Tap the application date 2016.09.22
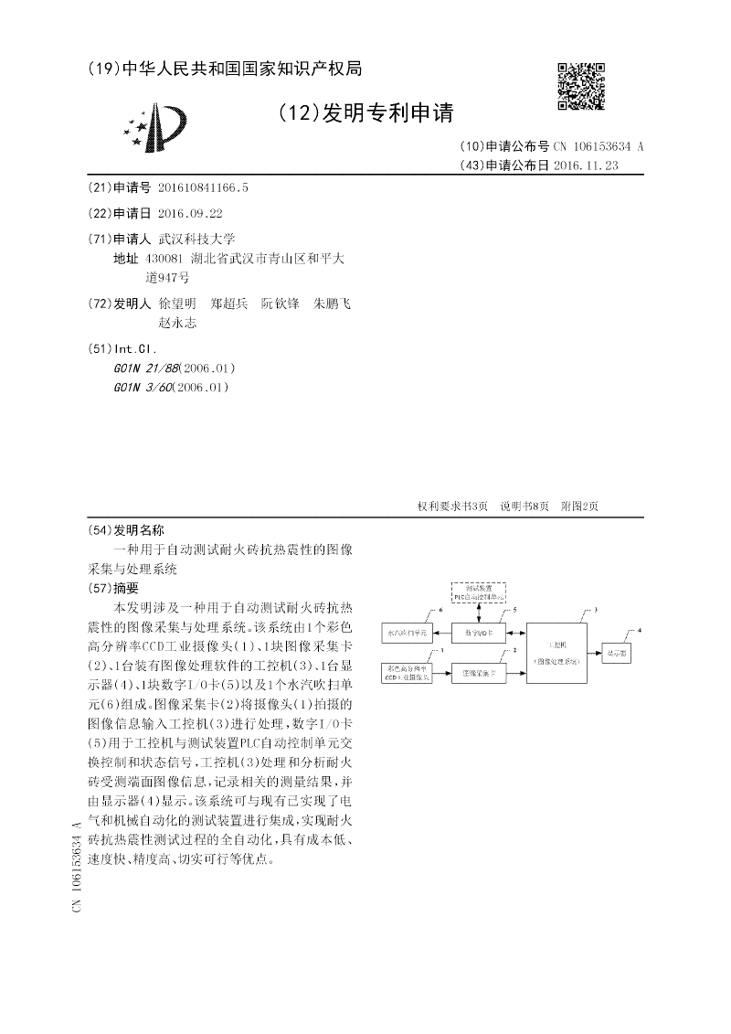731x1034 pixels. click(x=190, y=212)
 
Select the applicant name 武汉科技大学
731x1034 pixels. click(x=197, y=238)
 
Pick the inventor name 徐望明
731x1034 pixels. click(x=176, y=303)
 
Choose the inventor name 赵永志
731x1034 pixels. click(x=177, y=323)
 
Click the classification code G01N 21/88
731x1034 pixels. click(x=138, y=368)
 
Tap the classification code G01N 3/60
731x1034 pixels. click(x=134, y=387)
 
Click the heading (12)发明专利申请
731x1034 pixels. click(x=365, y=112)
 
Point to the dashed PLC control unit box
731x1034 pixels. click(x=479, y=592)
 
